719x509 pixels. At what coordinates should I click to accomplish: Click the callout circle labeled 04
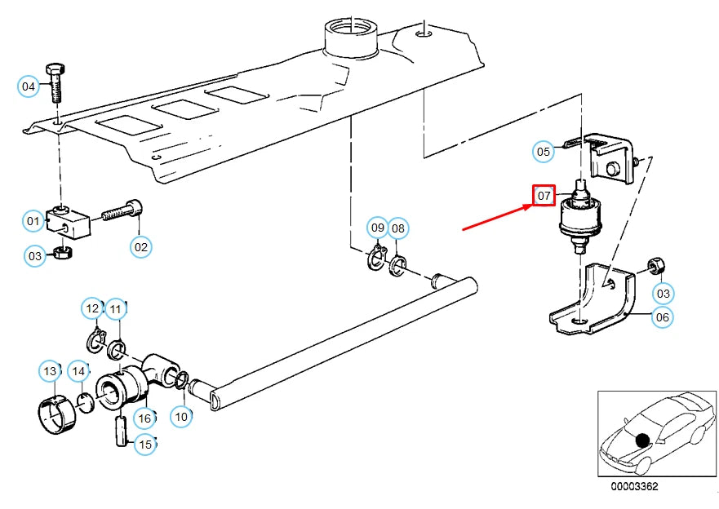pyautogui.click(x=29, y=86)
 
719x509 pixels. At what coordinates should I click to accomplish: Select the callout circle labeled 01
pyautogui.click(x=33, y=220)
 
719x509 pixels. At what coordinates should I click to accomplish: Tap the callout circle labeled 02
pyautogui.click(x=141, y=246)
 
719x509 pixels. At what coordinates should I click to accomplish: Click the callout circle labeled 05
pyautogui.click(x=544, y=151)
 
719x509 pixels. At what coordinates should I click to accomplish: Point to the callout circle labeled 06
pyautogui.click(x=663, y=317)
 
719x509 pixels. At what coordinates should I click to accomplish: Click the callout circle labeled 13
pyautogui.click(x=50, y=371)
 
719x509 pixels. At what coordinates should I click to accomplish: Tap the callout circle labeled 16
pyautogui.click(x=144, y=419)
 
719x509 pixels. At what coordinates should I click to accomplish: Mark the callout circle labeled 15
pyautogui.click(x=144, y=445)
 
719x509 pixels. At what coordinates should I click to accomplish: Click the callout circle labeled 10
pyautogui.click(x=181, y=416)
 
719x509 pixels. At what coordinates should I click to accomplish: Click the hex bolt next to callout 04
pyautogui.click(x=56, y=82)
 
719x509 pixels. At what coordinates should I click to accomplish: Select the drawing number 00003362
pyautogui.click(x=635, y=487)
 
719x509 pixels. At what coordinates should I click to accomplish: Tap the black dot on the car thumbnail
pyautogui.click(x=642, y=440)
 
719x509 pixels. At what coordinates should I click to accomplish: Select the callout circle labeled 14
pyautogui.click(x=78, y=371)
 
